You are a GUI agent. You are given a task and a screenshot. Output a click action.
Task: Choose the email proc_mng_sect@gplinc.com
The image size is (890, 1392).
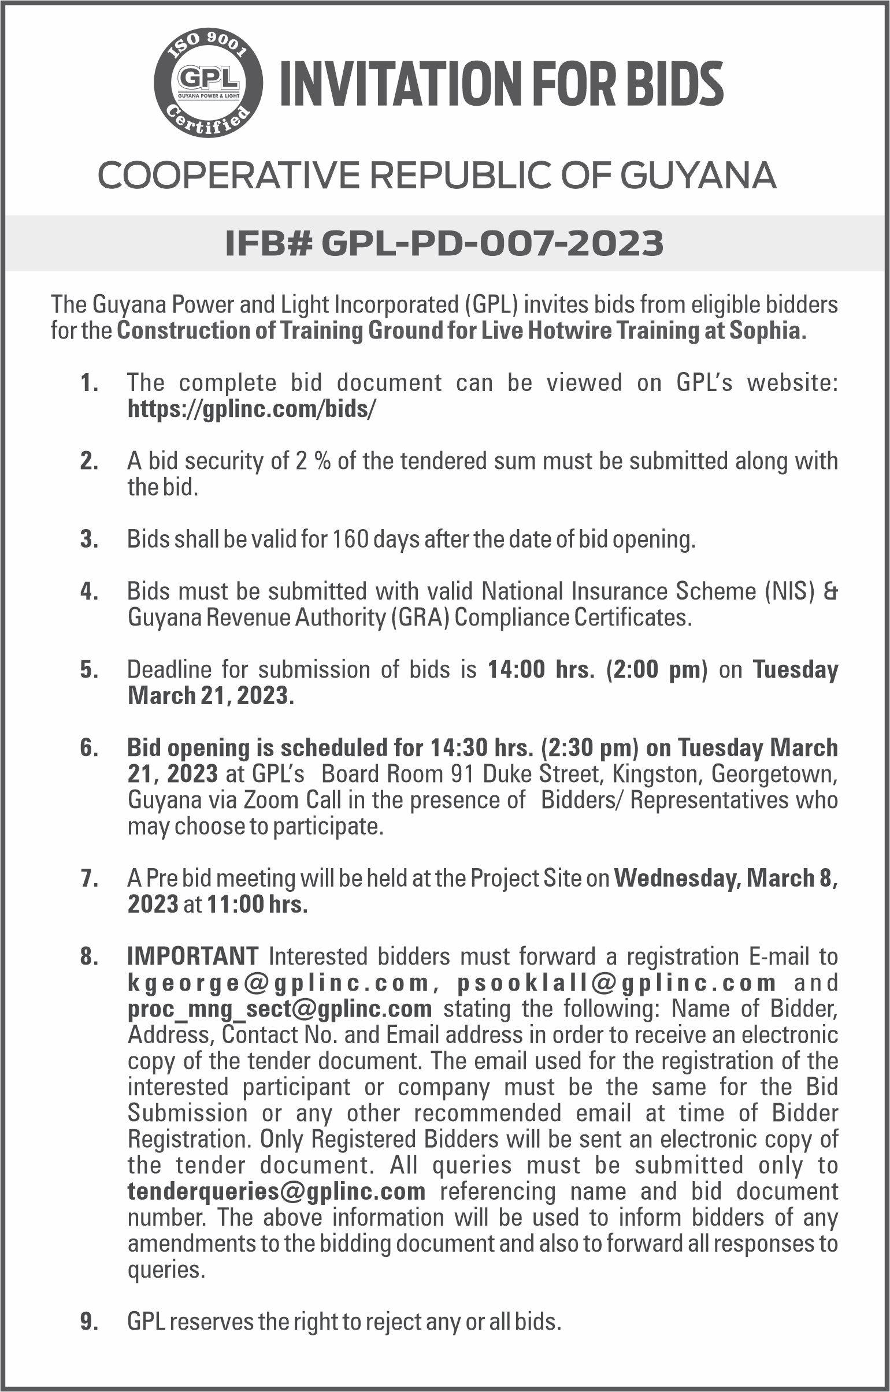coord(279,1009)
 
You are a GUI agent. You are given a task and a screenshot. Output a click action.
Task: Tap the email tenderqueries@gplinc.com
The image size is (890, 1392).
coord(276,1191)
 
